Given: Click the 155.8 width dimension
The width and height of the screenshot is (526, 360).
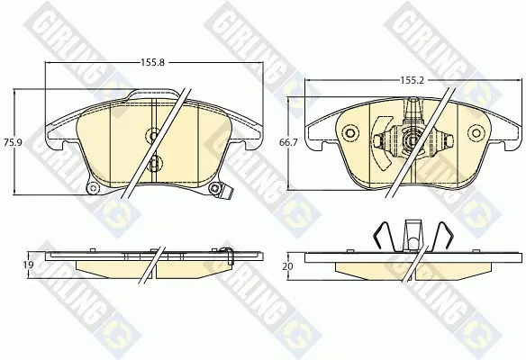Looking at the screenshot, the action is (x=152, y=62).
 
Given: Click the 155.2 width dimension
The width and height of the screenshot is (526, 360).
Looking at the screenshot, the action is (x=413, y=80).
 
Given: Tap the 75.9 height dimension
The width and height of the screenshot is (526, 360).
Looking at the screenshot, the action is (x=13, y=142).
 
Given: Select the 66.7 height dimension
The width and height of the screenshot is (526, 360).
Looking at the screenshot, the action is (x=288, y=142).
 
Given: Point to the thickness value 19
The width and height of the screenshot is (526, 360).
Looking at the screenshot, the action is (x=29, y=265).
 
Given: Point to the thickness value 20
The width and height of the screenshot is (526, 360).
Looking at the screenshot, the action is (x=288, y=266).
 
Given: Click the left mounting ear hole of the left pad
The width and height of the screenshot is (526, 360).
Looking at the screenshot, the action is (x=94, y=188).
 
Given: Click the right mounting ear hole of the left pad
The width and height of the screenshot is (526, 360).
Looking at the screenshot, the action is (x=213, y=188).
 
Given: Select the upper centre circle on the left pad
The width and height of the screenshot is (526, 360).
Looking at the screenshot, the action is (x=153, y=136).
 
